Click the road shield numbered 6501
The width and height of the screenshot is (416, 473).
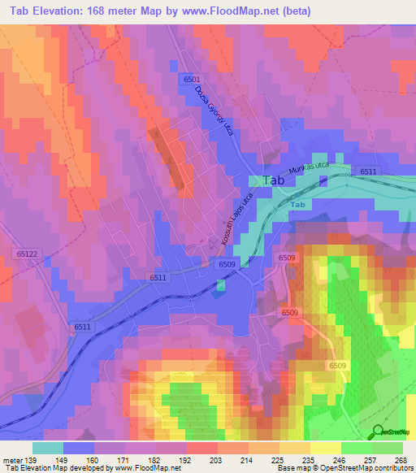click(191, 79)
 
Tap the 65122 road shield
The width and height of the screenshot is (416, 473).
click(27, 254)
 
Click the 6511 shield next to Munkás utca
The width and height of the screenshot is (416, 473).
click(368, 171)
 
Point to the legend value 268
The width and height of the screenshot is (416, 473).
click(398, 461)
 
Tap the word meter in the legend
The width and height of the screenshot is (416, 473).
click(13, 461)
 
